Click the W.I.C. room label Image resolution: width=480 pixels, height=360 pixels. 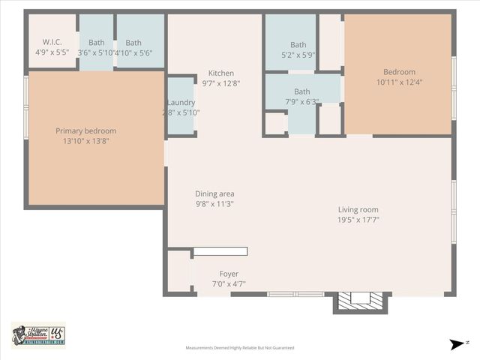pyautogui.click(x=52, y=42)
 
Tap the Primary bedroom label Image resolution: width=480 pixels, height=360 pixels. pyautogui.click(x=85, y=130)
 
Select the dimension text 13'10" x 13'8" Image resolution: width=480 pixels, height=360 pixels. pyautogui.click(x=85, y=141)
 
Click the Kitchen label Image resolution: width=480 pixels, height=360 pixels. pyautogui.click(x=220, y=73)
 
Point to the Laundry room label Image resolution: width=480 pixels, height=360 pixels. pyautogui.click(x=181, y=102)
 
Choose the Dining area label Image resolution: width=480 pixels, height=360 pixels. pyautogui.click(x=214, y=193)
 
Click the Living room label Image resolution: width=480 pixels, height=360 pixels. pyautogui.click(x=358, y=209)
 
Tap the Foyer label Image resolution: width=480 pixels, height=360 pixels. pyautogui.click(x=229, y=274)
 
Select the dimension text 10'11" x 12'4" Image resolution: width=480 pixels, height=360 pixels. pyautogui.click(x=399, y=82)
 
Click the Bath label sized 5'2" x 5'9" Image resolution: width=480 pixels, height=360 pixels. pyautogui.click(x=298, y=45)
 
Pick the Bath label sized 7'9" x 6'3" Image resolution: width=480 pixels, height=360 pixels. pyautogui.click(x=301, y=91)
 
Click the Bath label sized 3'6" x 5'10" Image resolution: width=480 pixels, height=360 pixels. pyautogui.click(x=96, y=43)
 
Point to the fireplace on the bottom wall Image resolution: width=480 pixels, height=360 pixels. pyautogui.click(x=361, y=300)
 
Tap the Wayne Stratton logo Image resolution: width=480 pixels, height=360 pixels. pyautogui.click(x=37, y=334)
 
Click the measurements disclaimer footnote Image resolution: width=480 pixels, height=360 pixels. pyautogui.click(x=240, y=348)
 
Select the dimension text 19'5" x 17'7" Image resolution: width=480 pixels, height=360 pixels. pyautogui.click(x=358, y=220)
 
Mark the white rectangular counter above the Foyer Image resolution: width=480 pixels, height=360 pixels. pyautogui.click(x=220, y=251)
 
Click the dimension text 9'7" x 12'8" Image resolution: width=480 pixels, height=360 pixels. pyautogui.click(x=220, y=83)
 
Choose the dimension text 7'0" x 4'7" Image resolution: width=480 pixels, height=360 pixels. pyautogui.click(x=229, y=284)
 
